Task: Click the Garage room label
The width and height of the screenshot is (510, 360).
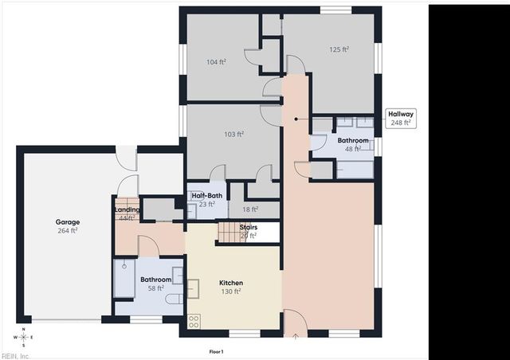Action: (65, 223)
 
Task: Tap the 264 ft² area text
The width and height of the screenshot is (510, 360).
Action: (66, 232)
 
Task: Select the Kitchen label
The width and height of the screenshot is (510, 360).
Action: (231, 283)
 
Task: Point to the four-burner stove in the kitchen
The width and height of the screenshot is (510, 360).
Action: (194, 321)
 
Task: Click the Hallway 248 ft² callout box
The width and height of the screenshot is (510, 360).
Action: (399, 119)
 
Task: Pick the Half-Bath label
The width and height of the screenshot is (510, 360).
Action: (206, 195)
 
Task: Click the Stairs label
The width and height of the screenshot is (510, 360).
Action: (248, 227)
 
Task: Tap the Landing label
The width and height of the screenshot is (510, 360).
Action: (127, 210)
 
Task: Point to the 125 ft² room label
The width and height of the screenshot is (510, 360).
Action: (339, 49)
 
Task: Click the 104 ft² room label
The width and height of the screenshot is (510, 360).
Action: (216, 61)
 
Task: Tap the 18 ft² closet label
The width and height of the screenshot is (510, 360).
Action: (249, 209)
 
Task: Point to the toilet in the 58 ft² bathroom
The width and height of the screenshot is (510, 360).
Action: (172, 299)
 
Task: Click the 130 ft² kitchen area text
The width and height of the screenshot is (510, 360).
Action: (231, 292)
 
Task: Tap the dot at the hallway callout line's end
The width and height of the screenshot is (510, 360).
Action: (296, 119)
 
